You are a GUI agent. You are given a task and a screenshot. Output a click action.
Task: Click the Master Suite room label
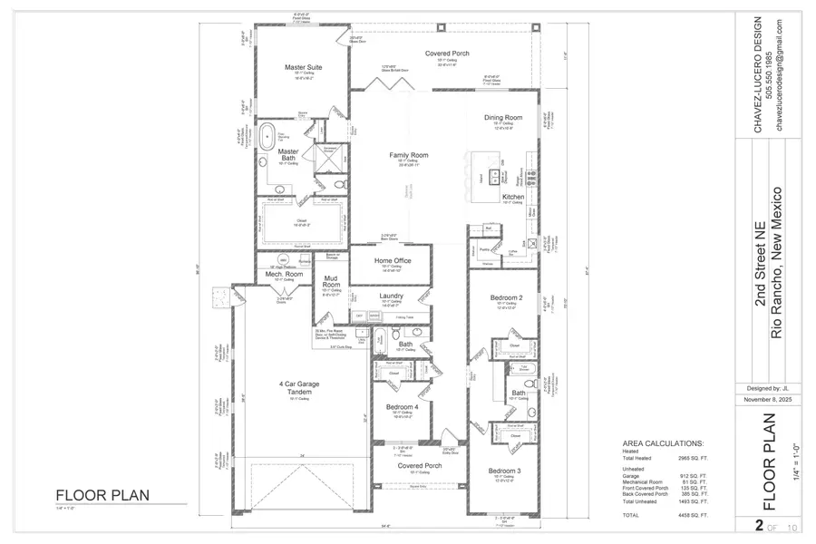point(303,67)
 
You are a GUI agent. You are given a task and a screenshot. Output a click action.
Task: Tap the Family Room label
point(408,155)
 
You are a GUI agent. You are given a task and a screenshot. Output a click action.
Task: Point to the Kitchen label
point(513,197)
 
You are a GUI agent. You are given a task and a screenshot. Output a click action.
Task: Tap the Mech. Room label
point(284,274)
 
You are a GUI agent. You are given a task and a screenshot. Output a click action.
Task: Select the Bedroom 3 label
point(504,471)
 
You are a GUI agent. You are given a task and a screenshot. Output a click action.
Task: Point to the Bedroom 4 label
point(402,407)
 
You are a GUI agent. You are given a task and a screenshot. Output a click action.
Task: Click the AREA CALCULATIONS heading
point(662,443)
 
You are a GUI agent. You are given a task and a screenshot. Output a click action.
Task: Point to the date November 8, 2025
point(761,399)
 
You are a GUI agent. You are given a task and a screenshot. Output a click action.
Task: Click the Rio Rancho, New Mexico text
point(775,263)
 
